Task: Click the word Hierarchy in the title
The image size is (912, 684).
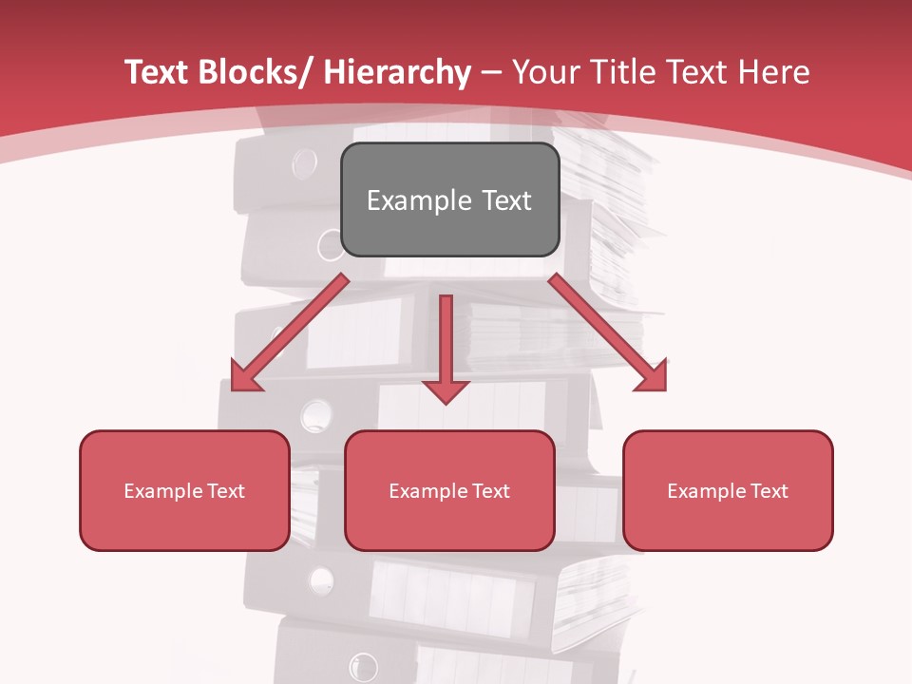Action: click(397, 73)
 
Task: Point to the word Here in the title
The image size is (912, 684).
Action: click(776, 72)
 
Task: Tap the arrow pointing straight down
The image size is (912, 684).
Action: click(446, 348)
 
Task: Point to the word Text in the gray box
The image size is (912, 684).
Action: click(504, 200)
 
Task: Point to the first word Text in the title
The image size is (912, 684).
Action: click(158, 72)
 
